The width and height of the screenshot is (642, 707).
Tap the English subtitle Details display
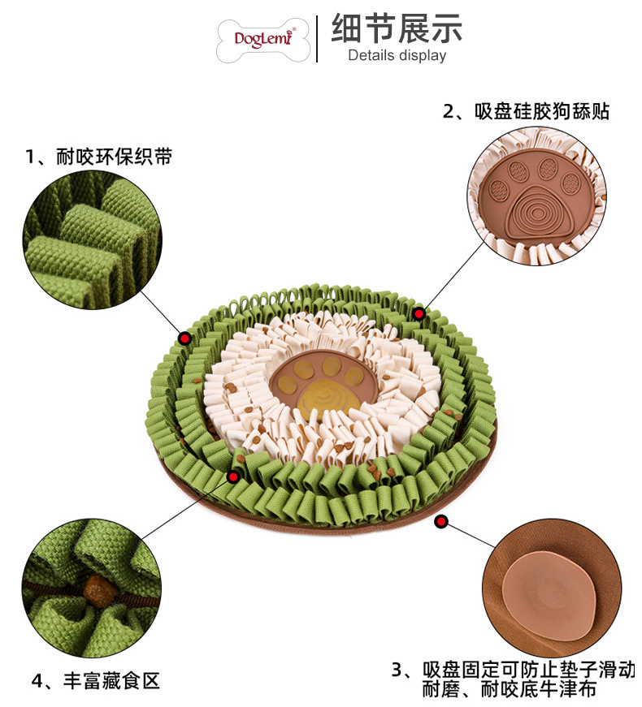point(397,56)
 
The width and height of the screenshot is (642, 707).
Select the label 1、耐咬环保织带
point(98,156)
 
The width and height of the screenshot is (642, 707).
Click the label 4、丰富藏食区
point(96,680)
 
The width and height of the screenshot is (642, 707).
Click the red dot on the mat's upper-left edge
point(185,338)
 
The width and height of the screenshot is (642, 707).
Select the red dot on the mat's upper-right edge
point(419,313)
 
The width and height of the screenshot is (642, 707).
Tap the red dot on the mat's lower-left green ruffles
point(233,476)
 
